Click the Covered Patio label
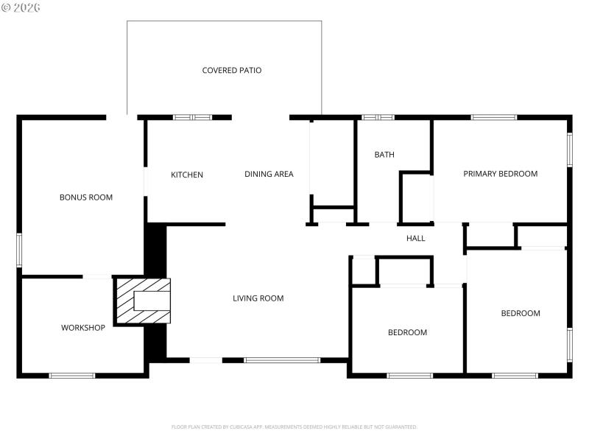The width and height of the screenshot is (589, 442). coord(232,71)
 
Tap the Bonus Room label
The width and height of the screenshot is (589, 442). coord(86,197)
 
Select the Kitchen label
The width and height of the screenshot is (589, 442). coord(187,175)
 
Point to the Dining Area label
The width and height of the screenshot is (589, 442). coord(269,175)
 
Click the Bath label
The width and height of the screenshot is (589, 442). coord(384,155)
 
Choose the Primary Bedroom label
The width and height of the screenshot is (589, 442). coord(500,174)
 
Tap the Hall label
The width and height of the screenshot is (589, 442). coord(416,238)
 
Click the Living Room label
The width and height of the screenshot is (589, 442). coord(258,298)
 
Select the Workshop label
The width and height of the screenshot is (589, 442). coord(83,328)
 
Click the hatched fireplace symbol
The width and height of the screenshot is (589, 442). coord(141,300)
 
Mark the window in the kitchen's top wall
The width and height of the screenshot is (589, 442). coord(192,117)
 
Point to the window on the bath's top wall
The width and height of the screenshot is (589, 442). coord(378,117)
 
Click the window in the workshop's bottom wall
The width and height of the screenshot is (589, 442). coord(71,376)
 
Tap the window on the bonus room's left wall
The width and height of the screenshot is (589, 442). coord(19,250)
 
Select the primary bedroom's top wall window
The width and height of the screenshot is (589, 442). coord(493,117)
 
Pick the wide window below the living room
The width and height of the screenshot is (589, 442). coord(282,360)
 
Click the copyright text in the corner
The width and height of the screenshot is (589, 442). coord(21,7)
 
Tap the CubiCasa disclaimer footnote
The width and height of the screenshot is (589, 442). coord(294,427)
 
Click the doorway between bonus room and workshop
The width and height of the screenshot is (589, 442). coord(96,277)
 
